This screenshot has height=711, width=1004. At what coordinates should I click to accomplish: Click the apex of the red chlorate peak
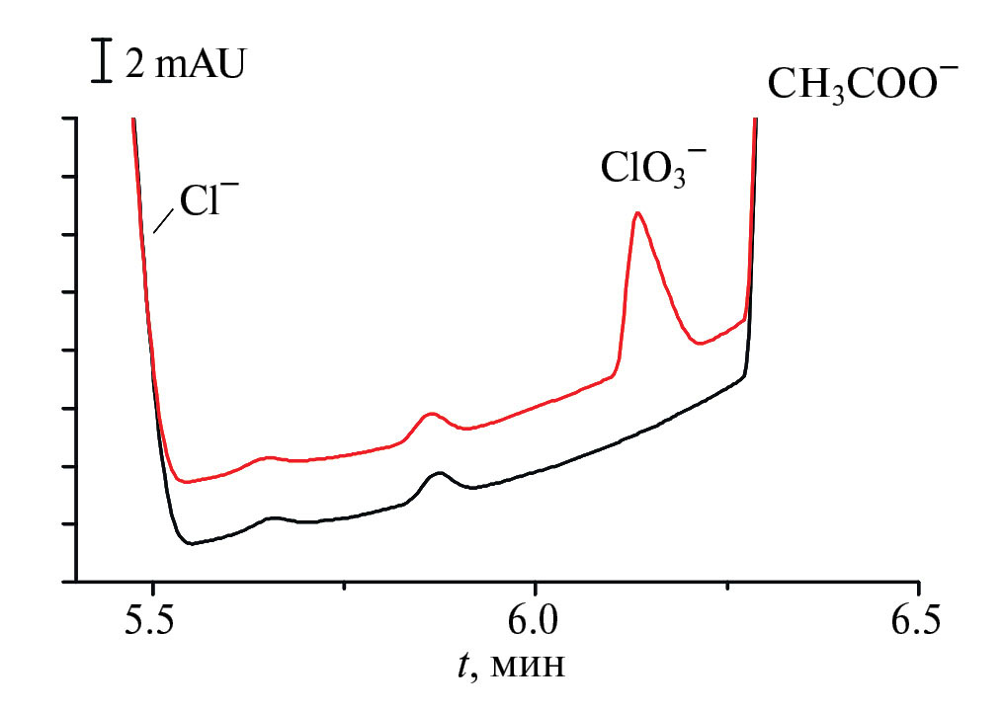637,212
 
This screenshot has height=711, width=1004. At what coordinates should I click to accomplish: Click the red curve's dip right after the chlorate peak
700,343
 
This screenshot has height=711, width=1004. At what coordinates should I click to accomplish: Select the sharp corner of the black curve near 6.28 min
746,374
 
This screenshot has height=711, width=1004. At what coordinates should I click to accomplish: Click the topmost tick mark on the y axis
71,118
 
